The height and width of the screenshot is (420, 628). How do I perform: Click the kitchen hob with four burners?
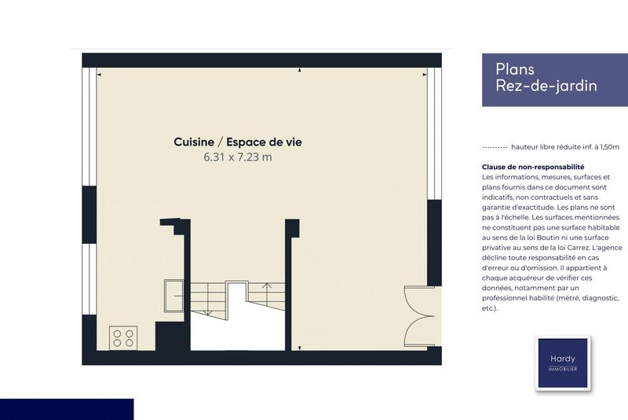pos(123,337)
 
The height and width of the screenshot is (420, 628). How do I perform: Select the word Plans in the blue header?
pos(515,69)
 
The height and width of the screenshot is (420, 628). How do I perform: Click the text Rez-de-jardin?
pos(546,86)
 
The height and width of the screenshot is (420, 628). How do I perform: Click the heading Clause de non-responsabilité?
pos(534,168)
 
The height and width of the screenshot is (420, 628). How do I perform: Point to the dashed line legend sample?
pos(494,147)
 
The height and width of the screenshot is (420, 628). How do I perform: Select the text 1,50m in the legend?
pos(608,147)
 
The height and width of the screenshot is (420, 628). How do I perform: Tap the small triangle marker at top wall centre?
pos(300,72)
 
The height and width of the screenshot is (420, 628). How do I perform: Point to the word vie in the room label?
pos(294,142)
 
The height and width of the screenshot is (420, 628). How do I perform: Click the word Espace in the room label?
pos(248,142)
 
